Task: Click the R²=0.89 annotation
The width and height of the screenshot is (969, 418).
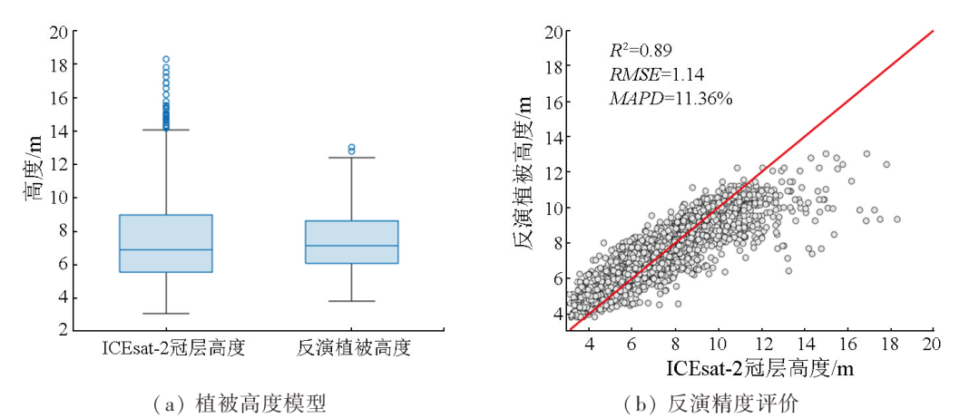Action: (641, 50)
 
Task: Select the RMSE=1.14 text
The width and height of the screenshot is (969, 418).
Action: (657, 73)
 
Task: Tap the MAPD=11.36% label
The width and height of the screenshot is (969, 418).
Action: (670, 97)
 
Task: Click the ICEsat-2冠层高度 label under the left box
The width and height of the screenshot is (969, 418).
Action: (167, 347)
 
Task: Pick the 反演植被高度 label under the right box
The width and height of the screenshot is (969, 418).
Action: (352, 347)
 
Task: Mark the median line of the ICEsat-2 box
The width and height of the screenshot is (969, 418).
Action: (167, 249)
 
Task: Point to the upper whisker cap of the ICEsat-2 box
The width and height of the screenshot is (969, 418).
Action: (167, 130)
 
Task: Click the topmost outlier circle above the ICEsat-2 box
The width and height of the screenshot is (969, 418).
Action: (166, 59)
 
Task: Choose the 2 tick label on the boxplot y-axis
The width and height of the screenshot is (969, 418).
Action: (63, 331)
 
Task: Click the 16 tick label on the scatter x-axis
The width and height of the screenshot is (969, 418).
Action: (847, 345)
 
